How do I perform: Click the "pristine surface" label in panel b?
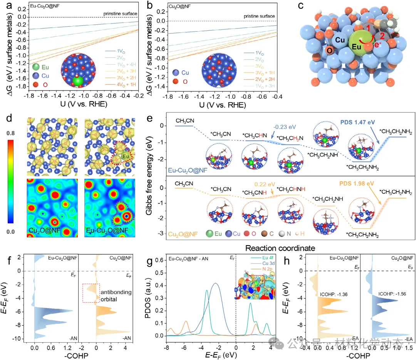(260, 16)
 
